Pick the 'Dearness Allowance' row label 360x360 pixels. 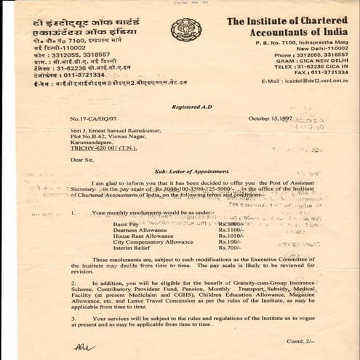(x=142, y=230)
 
